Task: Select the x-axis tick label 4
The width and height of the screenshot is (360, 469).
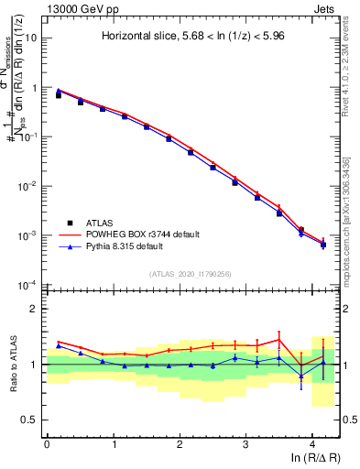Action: [x=312, y=442]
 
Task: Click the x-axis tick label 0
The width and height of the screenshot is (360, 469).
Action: [x=47, y=442]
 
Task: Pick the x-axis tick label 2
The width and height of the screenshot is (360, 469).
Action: [x=180, y=442]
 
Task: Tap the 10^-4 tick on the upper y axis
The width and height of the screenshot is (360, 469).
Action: [x=29, y=285]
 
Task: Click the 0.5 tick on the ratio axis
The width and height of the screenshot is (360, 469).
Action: [x=32, y=420]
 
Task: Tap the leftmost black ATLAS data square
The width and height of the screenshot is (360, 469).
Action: [x=59, y=95]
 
